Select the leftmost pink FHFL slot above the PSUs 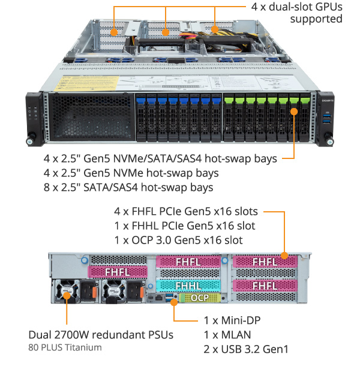click(x=116, y=272)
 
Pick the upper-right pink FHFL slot click(x=264, y=262)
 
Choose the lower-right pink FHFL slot click(x=264, y=286)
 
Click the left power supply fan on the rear click(x=67, y=292)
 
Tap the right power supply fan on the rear click(x=112, y=292)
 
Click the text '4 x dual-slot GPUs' click(x=296, y=7)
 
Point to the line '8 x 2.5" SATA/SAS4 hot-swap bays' click(x=128, y=188)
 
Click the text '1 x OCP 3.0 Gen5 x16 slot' click(x=178, y=240)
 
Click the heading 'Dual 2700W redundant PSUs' click(x=101, y=334)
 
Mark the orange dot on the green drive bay click(x=294, y=111)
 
